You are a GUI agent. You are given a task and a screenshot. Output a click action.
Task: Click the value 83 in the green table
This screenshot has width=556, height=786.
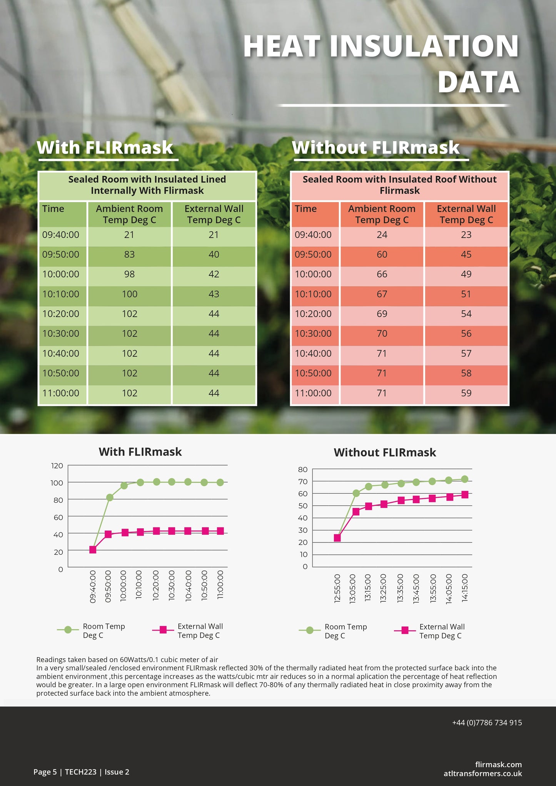point(129,255)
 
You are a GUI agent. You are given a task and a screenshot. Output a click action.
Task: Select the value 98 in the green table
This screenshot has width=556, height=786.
point(129,274)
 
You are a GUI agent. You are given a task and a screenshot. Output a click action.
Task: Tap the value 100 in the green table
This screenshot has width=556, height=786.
point(129,294)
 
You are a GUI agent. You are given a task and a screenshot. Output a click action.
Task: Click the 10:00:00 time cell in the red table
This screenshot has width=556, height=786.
point(313,274)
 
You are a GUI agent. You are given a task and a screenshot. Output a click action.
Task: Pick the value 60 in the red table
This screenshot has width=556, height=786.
point(382,255)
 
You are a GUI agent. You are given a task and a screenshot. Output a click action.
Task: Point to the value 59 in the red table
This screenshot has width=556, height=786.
point(466,393)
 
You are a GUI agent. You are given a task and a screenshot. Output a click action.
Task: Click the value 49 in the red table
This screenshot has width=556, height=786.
point(466,274)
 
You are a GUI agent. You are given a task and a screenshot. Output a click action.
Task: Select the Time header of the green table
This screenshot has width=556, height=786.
point(53,209)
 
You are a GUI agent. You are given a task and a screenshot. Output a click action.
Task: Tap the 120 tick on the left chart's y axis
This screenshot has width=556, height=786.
point(57,466)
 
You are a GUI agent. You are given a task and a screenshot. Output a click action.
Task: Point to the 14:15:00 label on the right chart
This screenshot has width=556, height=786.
point(465,588)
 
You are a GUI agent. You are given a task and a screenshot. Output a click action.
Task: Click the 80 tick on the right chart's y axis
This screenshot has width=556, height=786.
point(303,470)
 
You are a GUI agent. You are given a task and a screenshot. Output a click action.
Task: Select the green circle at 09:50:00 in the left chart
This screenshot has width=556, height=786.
point(110,497)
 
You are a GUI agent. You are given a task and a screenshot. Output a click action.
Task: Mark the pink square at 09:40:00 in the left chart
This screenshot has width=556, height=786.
point(93,550)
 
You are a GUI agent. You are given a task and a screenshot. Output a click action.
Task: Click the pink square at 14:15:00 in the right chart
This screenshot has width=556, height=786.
point(465,495)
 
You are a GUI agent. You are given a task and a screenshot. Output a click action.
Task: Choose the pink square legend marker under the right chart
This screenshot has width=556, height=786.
point(405,630)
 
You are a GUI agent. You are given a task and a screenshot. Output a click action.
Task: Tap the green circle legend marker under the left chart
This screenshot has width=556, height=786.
point(68,630)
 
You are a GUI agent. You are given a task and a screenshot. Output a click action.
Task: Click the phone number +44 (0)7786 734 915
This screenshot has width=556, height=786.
point(487,723)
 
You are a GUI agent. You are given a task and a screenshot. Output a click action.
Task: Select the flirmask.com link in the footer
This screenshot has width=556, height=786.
point(498,764)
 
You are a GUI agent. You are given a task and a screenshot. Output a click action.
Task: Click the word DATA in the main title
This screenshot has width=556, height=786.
point(478,82)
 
